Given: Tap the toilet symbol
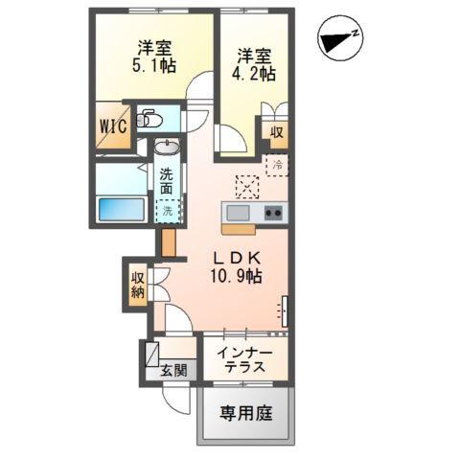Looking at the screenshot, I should [x=149, y=119].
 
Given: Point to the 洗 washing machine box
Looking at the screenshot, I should [x=167, y=210].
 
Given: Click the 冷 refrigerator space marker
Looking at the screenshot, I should [x=277, y=166].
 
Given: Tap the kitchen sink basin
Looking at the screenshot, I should [x=237, y=212].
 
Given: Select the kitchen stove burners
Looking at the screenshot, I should [x=272, y=212].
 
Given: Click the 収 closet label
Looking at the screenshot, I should [x=275, y=130].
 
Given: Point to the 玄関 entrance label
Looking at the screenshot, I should [x=173, y=370].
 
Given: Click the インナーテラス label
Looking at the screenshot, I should [x=244, y=359].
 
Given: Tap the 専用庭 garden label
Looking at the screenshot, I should [x=246, y=414].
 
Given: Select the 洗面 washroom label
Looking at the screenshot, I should [x=167, y=181].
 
